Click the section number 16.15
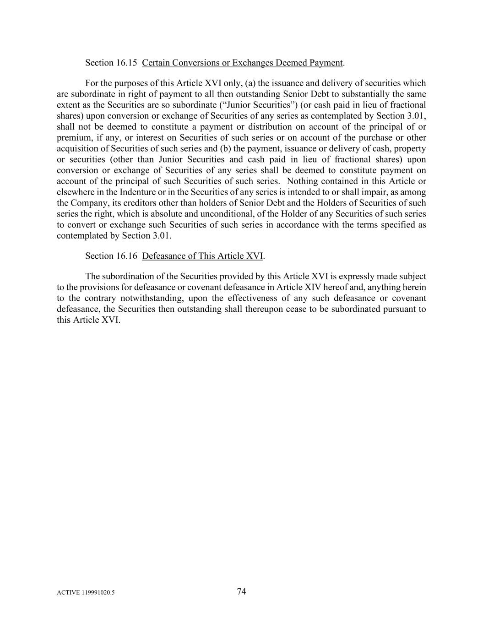[127, 63]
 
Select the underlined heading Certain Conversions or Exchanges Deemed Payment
[242, 63]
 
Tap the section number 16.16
[127, 256]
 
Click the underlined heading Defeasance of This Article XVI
[202, 256]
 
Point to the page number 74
[241, 592]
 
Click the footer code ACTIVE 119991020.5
[86, 592]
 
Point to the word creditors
[130, 203]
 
